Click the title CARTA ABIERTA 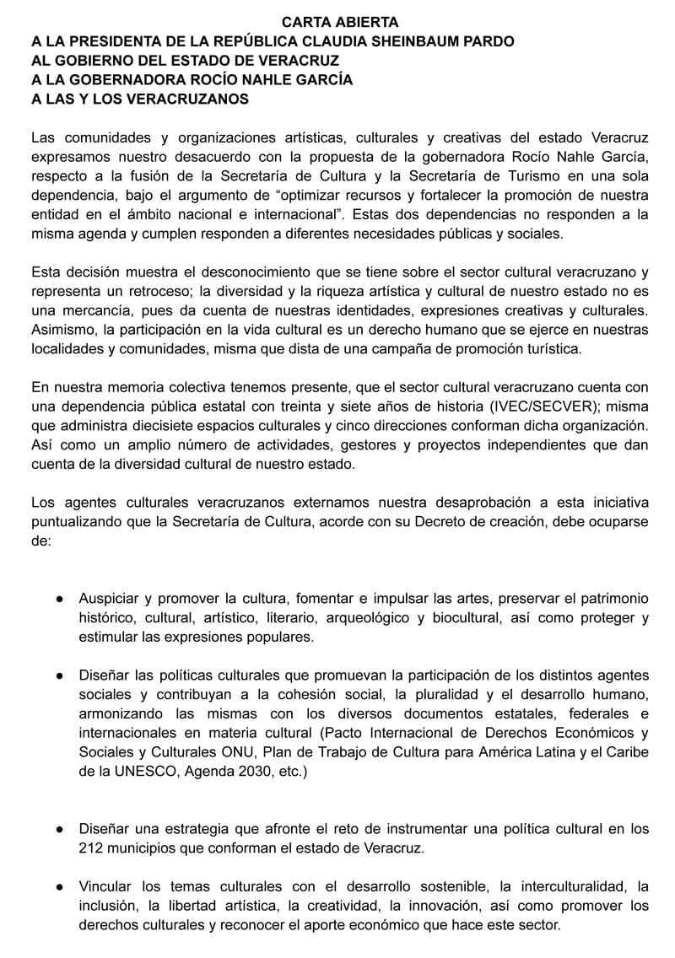340,23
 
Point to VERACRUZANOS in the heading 177,100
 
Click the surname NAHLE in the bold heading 273,81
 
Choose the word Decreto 440,522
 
